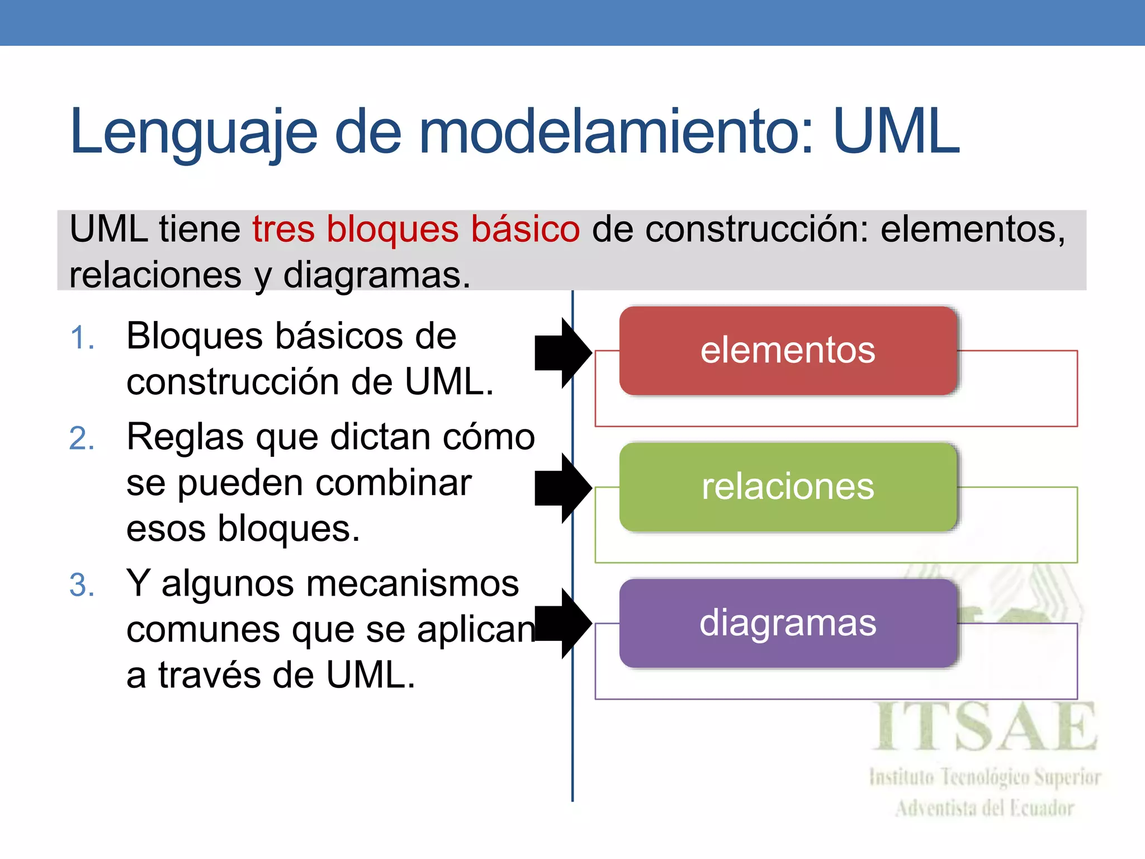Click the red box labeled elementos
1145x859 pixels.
coord(788,351)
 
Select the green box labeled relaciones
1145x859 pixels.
coord(788,487)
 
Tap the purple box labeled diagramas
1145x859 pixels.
coord(788,623)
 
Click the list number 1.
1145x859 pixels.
coord(82,338)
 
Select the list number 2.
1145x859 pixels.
coord(82,438)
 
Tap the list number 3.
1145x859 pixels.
coord(82,586)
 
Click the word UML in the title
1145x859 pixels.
coord(896,132)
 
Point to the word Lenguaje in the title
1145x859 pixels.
coord(193,133)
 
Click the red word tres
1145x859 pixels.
coord(283,229)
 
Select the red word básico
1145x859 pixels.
coord(525,229)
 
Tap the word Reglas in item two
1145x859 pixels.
coord(185,437)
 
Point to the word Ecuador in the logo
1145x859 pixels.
coord(1040,808)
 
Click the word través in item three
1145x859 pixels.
coord(210,675)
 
